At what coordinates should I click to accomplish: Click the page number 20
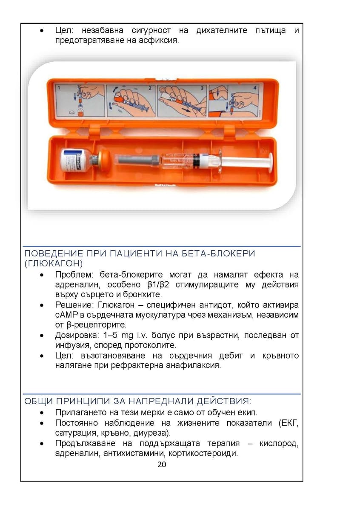click(x=162, y=464)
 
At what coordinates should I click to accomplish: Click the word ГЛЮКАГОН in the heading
click(x=54, y=264)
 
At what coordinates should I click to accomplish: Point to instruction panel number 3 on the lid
click(x=182, y=100)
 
